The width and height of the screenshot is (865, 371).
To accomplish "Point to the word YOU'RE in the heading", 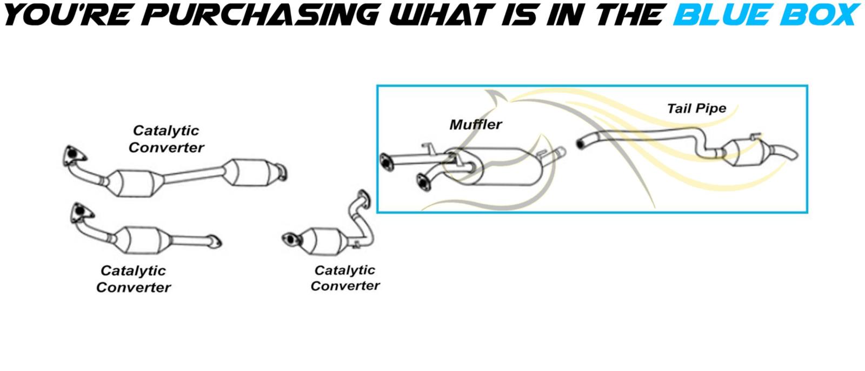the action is pyautogui.click(x=68, y=15).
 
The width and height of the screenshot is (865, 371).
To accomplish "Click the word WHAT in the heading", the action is pyautogui.click(x=443, y=15).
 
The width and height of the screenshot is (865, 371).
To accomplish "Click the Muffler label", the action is pyautogui.click(x=476, y=125).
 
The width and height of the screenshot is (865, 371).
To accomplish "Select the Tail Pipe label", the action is pyautogui.click(x=697, y=108).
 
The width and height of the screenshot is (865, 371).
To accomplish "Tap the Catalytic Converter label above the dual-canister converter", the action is pyautogui.click(x=166, y=139).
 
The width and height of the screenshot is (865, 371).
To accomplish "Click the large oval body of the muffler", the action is pyautogui.click(x=498, y=166).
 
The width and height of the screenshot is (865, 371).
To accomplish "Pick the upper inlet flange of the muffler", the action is pyautogui.click(x=386, y=162).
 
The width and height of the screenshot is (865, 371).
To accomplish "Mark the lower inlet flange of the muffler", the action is pyautogui.click(x=424, y=182).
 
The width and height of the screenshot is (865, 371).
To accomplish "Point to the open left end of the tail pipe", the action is pyautogui.click(x=581, y=144).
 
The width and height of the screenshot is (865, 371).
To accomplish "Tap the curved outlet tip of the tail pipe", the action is pyautogui.click(x=784, y=152).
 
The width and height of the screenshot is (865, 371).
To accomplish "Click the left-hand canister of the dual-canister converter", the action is pyautogui.click(x=134, y=184).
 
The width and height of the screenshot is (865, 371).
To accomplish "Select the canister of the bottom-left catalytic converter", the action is pyautogui.click(x=142, y=240).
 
